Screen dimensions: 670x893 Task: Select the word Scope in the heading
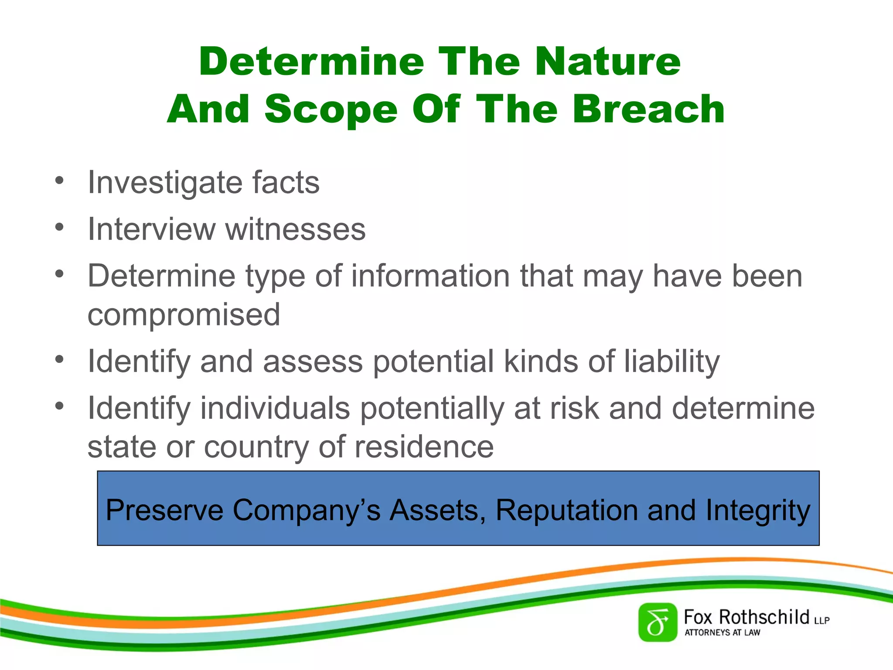[331, 109]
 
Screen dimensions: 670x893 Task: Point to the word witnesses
[295, 229]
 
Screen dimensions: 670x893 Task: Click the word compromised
[184, 314]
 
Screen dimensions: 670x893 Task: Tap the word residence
[424, 447]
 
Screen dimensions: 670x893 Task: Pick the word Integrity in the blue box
[758, 510]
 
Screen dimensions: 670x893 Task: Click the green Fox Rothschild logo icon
[658, 622]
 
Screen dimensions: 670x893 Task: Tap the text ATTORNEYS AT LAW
[722, 632]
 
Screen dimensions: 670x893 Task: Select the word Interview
[151, 229]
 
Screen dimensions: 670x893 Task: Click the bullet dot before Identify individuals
[59, 406]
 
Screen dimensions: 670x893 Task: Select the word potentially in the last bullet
[432, 409]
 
